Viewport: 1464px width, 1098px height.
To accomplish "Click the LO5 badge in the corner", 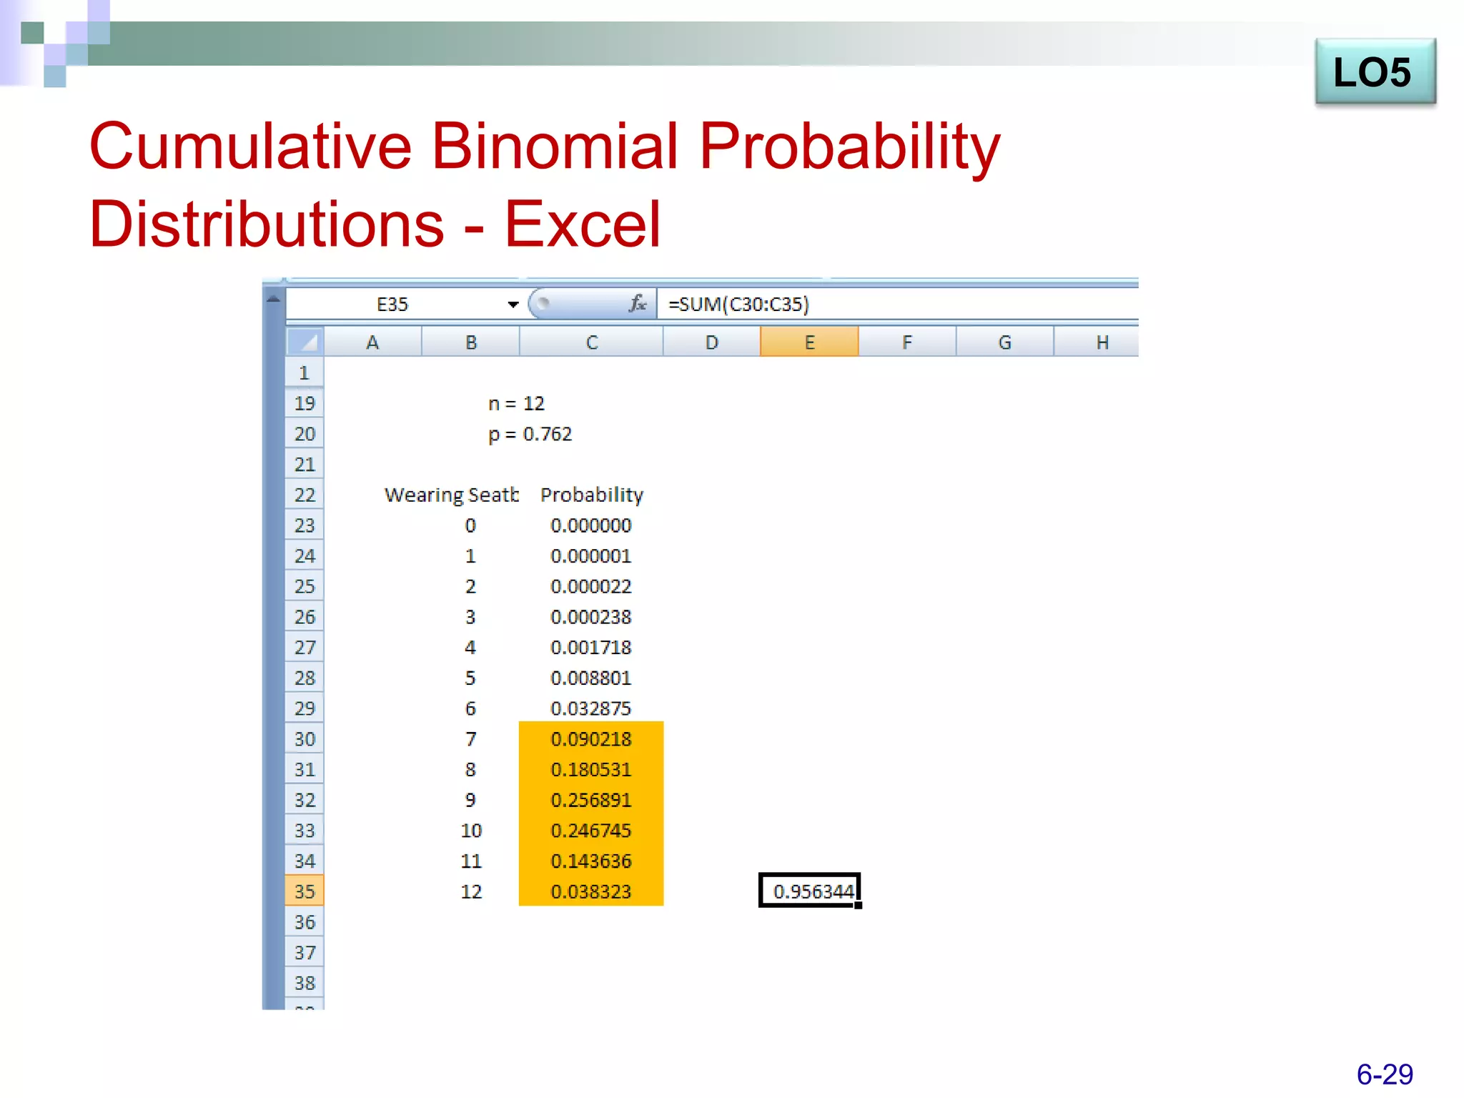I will [1374, 72].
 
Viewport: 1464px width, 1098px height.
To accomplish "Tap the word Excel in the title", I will [582, 224].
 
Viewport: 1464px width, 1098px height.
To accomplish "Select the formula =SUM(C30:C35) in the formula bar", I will [738, 305].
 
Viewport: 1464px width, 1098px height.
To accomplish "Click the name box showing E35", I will [392, 305].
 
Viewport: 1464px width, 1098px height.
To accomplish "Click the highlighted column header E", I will [809, 342].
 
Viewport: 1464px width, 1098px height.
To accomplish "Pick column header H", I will [1102, 342].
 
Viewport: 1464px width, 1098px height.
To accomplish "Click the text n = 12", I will [516, 404].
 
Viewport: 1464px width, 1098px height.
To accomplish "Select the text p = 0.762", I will [530, 434].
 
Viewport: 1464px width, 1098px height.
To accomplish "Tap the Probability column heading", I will [591, 495].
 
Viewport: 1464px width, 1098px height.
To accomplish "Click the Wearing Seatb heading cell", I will [450, 495].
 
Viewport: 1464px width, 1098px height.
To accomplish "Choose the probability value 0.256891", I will [591, 800].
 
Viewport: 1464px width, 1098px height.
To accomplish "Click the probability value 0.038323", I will [591, 891].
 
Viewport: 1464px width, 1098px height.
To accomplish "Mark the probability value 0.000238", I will [591, 617].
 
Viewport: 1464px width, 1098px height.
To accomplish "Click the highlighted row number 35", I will [305, 891].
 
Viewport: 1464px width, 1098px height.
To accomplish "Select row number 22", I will [305, 495].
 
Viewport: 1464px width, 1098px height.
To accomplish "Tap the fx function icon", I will [637, 304].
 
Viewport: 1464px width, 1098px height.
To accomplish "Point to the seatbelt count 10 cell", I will [471, 831].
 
